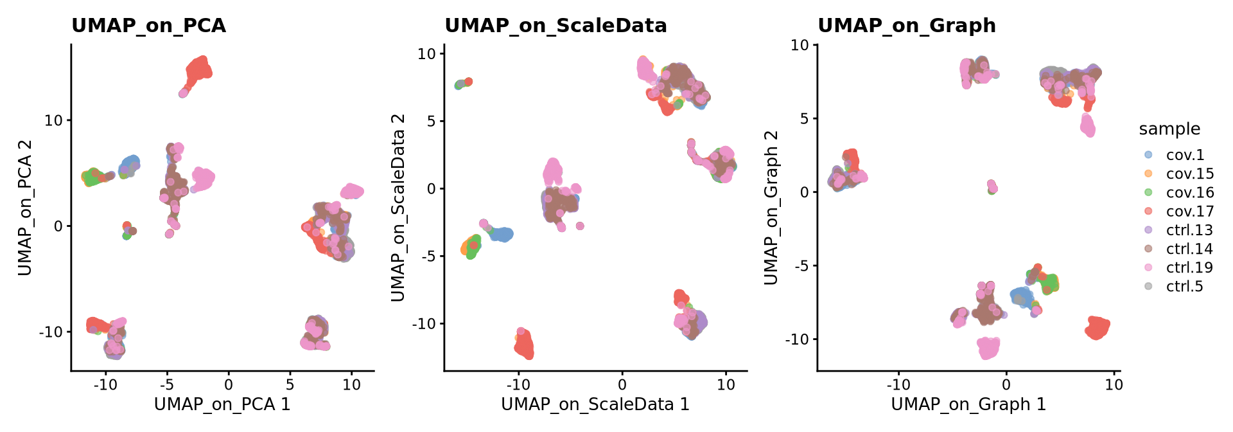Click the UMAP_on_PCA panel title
[x=148, y=26]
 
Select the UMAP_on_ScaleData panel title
[x=555, y=26]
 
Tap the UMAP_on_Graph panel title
[x=906, y=26]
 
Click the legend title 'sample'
[x=1169, y=129]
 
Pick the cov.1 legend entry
[x=1185, y=156]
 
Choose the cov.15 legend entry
[x=1189, y=174]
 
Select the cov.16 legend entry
[x=1189, y=193]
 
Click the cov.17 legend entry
[x=1189, y=212]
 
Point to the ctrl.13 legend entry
[x=1189, y=230]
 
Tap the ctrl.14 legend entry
[x=1189, y=249]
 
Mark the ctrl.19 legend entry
[x=1189, y=267]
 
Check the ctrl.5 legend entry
[x=1184, y=286]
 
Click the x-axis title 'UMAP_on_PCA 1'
[x=222, y=404]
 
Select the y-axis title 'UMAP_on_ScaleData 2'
[x=398, y=207]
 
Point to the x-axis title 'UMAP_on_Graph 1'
[x=968, y=404]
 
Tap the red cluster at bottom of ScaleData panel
[x=524, y=345]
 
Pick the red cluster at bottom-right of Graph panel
[x=1097, y=328]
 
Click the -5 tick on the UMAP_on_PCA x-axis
[x=167, y=384]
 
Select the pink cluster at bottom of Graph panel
[x=988, y=348]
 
